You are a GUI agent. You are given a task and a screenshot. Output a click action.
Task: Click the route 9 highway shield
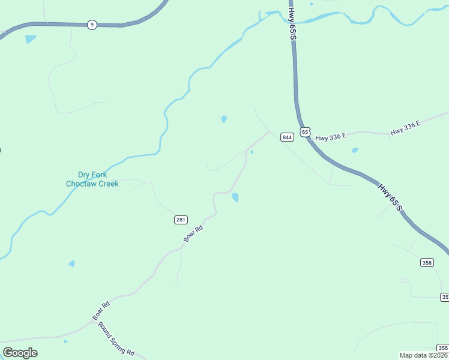click(x=91, y=25)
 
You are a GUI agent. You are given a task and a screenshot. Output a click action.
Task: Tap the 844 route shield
click(x=287, y=137)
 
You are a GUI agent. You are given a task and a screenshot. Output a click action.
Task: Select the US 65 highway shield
click(x=305, y=131)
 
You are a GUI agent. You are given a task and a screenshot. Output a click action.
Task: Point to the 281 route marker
click(x=181, y=220)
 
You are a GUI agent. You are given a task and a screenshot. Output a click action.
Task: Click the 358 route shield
click(x=427, y=262)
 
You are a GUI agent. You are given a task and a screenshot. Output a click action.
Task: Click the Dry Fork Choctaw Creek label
click(x=92, y=179)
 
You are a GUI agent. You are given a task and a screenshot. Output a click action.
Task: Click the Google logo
click(x=20, y=353)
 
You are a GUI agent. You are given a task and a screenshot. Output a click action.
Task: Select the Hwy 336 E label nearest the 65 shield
click(x=331, y=137)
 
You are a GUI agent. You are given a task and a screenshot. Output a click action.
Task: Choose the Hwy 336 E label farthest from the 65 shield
click(x=406, y=128)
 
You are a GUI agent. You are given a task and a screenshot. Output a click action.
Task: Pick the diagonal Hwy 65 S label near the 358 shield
click(x=389, y=196)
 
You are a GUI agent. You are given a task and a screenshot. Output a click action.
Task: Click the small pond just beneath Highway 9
click(x=30, y=40)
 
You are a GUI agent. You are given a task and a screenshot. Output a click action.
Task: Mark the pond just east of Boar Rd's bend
click(x=236, y=197)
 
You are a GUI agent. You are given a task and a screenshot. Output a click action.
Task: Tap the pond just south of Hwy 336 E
click(x=355, y=150)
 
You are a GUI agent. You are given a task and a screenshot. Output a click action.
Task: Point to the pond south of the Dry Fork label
click(x=71, y=263)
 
